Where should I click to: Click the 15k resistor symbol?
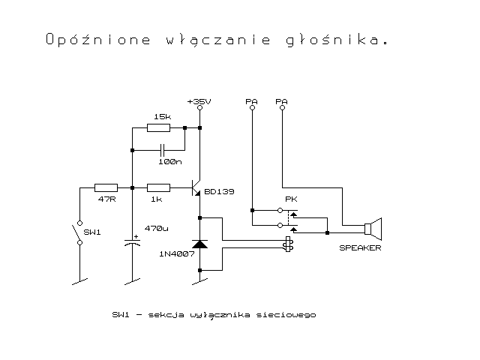point(158,127)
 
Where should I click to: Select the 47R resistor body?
point(106,187)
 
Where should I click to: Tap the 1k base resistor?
point(158,187)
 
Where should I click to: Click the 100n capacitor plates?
point(162,150)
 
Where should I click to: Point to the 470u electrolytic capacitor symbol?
point(132,241)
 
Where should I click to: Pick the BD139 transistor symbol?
point(196,187)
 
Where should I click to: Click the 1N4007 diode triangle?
point(199,244)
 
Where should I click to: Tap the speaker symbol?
point(373,229)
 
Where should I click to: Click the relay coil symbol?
point(288,244)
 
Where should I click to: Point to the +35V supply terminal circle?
point(200,108)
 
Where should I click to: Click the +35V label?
point(199,101)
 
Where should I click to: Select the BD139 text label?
point(219,192)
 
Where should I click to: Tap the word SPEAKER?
point(360,248)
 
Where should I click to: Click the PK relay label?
point(291,199)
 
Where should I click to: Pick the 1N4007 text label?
point(177,253)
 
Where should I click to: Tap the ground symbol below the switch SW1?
point(79,282)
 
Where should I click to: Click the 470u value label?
point(157,228)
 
